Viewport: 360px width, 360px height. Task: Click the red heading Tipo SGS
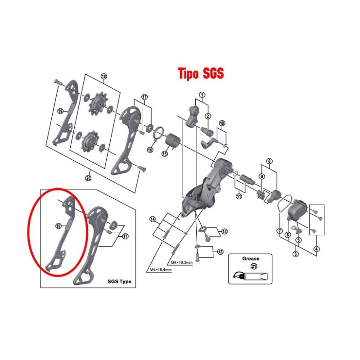[201, 74]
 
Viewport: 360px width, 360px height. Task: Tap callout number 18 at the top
[104, 76]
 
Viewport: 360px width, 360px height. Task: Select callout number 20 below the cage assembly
[88, 178]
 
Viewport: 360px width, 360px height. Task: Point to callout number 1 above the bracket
[202, 94]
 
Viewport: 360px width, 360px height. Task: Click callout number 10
[222, 123]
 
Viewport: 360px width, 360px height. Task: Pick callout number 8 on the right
[269, 161]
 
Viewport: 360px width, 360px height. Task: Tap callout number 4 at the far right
[317, 249]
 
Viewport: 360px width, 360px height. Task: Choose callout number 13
[224, 231]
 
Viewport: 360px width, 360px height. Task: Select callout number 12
[220, 252]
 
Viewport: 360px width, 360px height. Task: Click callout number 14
[153, 219]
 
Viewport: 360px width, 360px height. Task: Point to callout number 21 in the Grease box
[254, 266]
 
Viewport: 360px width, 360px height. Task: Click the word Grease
[251, 259]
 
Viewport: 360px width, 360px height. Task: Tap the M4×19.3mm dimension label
[182, 262]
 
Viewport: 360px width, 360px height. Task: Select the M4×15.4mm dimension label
[161, 270]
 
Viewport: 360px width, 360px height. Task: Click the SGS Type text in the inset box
[119, 282]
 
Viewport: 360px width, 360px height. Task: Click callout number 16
[150, 150]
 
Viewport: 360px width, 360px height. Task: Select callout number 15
[165, 153]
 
